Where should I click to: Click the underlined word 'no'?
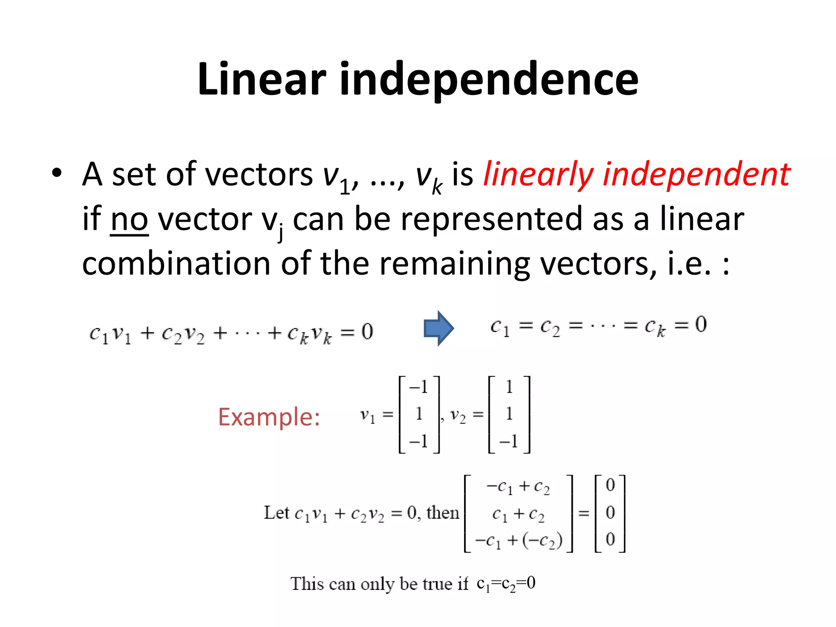129,220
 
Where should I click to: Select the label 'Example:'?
269,417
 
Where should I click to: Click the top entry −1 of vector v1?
418,387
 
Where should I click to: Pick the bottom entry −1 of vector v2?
509,441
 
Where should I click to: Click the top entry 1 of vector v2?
509,387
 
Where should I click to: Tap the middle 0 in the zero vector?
610,512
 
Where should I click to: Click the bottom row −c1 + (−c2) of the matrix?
518,540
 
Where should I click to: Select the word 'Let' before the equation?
276,513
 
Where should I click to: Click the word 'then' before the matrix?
442,513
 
